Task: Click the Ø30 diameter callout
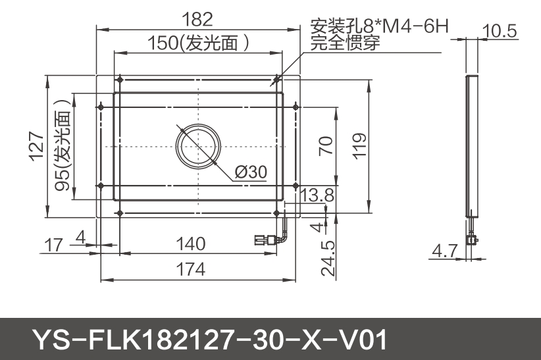pos(251,172)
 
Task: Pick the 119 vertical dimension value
pos(359,145)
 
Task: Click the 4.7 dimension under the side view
pos(444,251)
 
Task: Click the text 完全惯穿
pos(346,44)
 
